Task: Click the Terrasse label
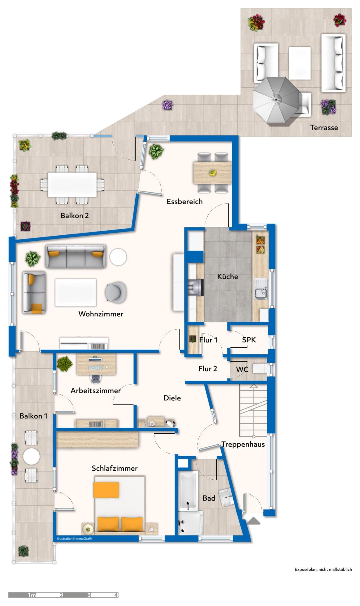point(324,128)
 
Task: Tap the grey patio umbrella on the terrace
point(276,100)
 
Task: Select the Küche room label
point(228,276)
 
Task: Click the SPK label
point(249,340)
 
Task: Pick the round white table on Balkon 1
point(31,457)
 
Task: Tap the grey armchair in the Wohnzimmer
point(115,292)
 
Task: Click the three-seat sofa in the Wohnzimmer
point(76,256)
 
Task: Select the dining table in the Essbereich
point(212,173)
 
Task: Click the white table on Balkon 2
point(72,184)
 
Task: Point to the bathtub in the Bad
point(188,490)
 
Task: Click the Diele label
point(172,398)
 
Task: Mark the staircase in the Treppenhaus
point(253,410)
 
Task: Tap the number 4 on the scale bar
point(116,595)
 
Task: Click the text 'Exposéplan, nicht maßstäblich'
point(323,569)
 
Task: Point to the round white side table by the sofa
point(118,257)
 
